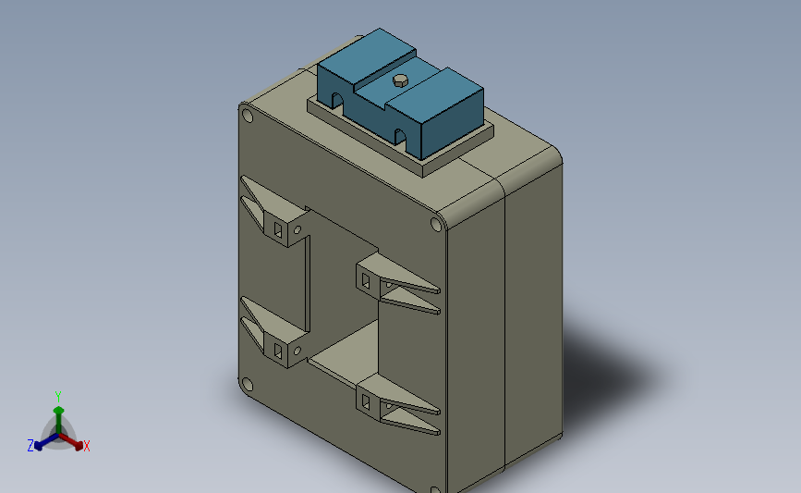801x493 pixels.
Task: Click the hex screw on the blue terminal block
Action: tap(399, 80)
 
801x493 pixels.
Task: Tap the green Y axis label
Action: tap(58, 396)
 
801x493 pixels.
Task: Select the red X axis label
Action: tap(87, 447)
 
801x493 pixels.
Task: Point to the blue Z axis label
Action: tap(30, 446)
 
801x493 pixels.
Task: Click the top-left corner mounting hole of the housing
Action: tap(247, 116)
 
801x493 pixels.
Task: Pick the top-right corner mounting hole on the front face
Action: tap(437, 224)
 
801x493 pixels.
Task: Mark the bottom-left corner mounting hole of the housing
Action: tap(246, 385)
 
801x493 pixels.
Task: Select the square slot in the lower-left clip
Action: tap(279, 349)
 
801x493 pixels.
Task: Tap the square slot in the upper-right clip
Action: tap(366, 279)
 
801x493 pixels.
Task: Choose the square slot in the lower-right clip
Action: tap(366, 401)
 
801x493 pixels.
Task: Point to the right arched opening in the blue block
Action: tap(401, 139)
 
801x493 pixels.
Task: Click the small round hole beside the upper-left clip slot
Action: tap(297, 228)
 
